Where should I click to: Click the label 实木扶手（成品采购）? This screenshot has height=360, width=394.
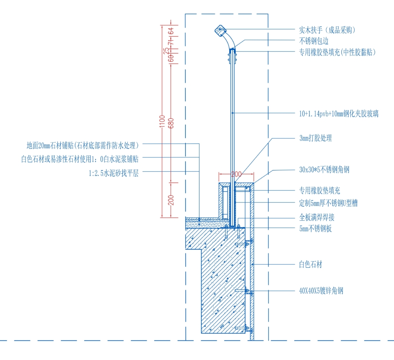pos(327,30)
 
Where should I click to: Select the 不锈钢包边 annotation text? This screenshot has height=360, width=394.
pos(314,41)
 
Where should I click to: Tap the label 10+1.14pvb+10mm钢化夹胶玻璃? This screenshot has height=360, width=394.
pos(339,114)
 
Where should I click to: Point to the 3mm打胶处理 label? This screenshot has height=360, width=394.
pos(316,138)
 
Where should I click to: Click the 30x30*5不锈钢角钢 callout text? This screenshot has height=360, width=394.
pos(324,170)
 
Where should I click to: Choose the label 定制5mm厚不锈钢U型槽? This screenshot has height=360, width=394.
pos(328,203)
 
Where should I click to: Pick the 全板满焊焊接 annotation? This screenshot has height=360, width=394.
pos(317,217)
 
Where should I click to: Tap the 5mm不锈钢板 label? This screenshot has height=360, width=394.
pos(316,229)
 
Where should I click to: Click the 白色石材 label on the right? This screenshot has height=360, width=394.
pos(311,265)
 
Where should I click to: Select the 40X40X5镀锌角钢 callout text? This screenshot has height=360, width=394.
pos(321,291)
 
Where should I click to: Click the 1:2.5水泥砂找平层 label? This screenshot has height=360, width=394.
pos(114,173)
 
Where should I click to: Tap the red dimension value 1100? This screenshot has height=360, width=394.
pos(162,121)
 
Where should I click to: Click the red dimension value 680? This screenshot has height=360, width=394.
pos(171,123)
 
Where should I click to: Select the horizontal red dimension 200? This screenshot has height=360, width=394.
pos(237,174)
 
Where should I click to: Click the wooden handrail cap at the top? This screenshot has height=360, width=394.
pos(220,30)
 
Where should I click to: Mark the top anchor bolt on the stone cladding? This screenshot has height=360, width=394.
pos(244,244)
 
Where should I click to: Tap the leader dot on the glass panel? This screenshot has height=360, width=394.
pos(232,113)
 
